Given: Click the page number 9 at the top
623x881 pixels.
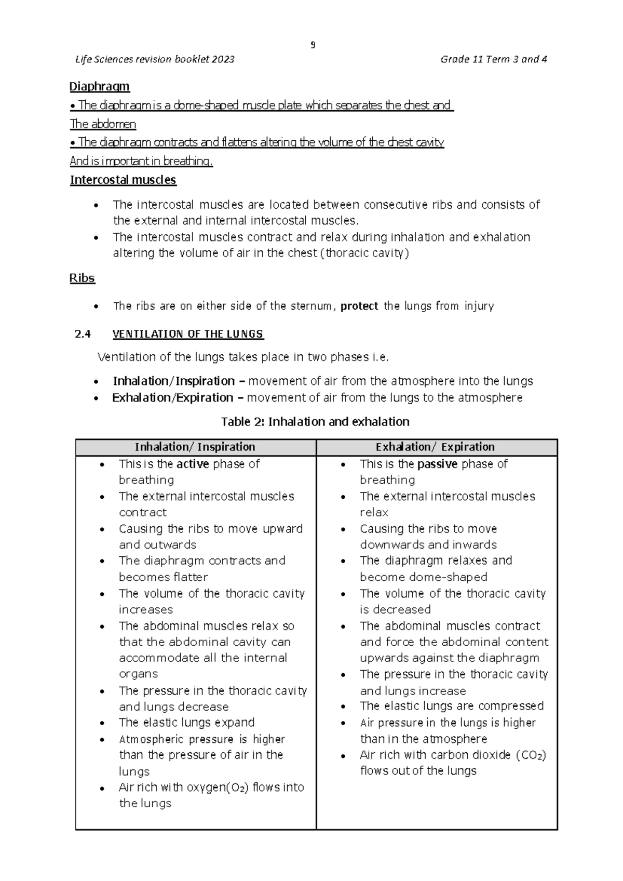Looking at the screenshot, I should point(313,45).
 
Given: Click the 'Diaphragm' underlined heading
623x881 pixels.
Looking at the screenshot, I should point(100,86).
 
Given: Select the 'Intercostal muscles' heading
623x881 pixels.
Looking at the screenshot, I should point(123,180).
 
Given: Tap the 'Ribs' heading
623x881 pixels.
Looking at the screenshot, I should point(82,278).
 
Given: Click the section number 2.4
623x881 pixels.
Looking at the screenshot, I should point(83,334).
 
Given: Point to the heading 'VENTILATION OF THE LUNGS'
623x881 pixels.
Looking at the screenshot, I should point(188,334).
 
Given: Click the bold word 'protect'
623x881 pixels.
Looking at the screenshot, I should point(359,306).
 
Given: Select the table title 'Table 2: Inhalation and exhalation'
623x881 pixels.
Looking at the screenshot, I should point(315,422).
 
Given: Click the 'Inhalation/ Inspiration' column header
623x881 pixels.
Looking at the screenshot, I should point(195,447).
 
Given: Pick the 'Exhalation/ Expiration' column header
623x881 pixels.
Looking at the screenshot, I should point(435,447).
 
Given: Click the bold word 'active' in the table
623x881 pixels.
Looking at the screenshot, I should point(193,464).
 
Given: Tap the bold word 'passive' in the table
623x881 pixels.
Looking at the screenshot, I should point(437,464).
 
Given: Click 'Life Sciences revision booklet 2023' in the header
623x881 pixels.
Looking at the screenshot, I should point(155,59).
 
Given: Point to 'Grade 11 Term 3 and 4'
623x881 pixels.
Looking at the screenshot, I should point(494,59).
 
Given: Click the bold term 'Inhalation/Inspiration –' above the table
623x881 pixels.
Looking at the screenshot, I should point(179,381).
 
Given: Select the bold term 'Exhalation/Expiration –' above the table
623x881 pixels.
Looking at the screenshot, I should point(178,398).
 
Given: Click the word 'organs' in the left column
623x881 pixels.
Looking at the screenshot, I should point(138,674).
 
